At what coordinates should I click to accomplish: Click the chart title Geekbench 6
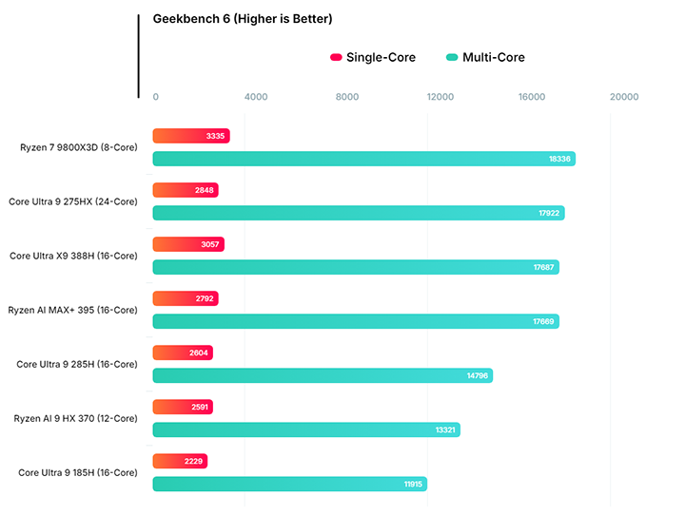(243, 19)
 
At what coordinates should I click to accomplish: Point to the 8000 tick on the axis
(347, 97)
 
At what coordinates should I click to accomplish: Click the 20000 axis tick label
(624, 97)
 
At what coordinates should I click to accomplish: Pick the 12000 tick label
(440, 97)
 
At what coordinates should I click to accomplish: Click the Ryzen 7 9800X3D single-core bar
(190, 136)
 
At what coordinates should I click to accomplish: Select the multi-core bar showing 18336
(363, 159)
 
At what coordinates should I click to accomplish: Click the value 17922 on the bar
(548, 213)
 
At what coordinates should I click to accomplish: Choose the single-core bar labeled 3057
(187, 244)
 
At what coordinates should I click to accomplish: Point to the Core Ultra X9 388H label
(73, 256)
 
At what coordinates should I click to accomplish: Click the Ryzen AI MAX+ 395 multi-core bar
(355, 321)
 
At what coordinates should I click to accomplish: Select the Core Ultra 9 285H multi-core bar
(323, 375)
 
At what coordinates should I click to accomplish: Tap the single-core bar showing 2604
(182, 353)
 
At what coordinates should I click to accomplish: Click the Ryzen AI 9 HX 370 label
(75, 418)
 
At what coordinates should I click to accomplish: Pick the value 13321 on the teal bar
(444, 429)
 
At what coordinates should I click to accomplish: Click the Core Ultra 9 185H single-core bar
(179, 461)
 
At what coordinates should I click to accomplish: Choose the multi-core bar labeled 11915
(289, 484)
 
